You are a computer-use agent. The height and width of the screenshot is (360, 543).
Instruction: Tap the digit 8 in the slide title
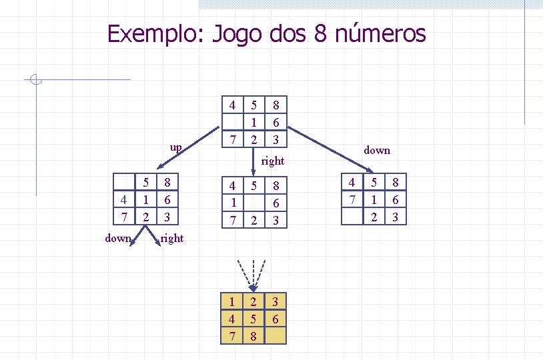(319, 33)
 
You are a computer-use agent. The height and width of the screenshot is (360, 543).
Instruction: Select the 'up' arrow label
(175, 146)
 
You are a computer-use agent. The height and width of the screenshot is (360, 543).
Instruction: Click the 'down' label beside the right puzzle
(377, 151)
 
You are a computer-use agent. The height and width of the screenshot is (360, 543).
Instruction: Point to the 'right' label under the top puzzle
(273, 161)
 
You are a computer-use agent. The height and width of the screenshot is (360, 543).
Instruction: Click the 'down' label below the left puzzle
(118, 238)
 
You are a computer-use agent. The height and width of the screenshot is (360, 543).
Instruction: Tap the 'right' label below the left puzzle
(172, 238)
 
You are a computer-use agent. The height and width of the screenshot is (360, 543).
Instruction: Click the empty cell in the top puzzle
(231, 122)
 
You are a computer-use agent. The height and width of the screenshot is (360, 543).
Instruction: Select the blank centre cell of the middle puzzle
(253, 202)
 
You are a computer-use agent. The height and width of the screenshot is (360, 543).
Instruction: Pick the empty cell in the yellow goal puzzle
(275, 336)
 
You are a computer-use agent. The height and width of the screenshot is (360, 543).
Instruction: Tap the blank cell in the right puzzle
(352, 216)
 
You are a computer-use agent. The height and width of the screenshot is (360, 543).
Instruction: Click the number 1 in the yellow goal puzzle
(231, 303)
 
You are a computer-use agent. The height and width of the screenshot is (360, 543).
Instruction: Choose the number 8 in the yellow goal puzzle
(253, 336)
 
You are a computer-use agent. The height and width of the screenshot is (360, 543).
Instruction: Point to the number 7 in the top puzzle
(231, 139)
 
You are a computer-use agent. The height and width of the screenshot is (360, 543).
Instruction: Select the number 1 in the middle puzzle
(231, 202)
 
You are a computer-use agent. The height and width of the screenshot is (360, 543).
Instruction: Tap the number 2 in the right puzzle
(374, 216)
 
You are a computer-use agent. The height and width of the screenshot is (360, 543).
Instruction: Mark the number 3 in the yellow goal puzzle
(275, 303)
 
